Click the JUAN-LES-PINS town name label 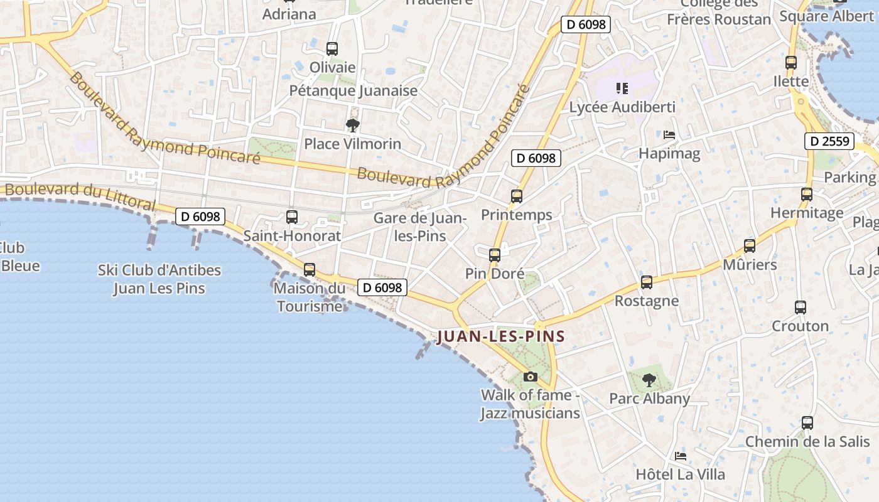(x=500, y=336)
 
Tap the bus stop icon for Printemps (x=517, y=196)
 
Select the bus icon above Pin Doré (x=495, y=255)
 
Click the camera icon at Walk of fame (x=531, y=376)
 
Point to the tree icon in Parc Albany (x=649, y=380)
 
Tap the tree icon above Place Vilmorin (x=353, y=125)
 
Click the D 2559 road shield (x=829, y=141)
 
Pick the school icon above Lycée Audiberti (x=622, y=88)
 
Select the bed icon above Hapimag (x=669, y=135)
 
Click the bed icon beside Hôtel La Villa (x=681, y=456)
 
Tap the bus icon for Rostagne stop (x=647, y=282)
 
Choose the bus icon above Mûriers (x=749, y=246)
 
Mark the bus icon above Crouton (x=801, y=307)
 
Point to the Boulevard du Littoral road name (x=80, y=196)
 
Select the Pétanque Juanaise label (x=353, y=90)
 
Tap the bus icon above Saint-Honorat (x=292, y=217)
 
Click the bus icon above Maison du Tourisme (x=310, y=270)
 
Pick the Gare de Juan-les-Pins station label (x=420, y=227)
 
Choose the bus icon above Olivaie (x=332, y=48)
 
